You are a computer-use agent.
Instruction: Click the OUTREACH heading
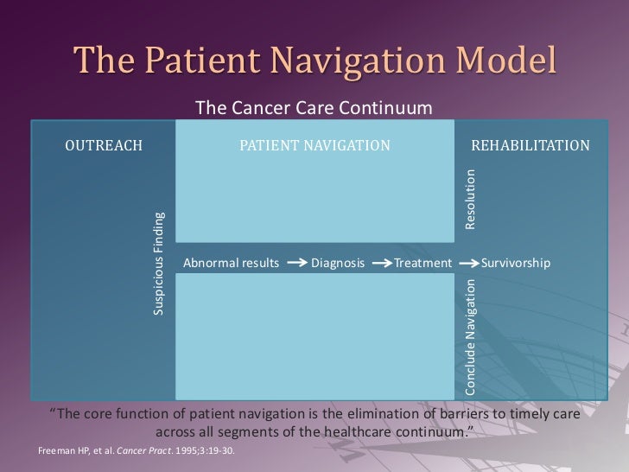[104, 145]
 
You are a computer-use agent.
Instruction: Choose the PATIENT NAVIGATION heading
[314, 145]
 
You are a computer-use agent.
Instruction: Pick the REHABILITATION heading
[530, 145]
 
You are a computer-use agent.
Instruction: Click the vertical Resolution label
[471, 198]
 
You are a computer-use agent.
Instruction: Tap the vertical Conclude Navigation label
[471, 337]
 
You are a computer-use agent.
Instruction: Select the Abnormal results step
[231, 263]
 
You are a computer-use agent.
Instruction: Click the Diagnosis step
[337, 263]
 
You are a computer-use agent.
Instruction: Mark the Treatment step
[423, 263]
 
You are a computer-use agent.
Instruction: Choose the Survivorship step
[515, 263]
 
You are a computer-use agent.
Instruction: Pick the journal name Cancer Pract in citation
[129, 450]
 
